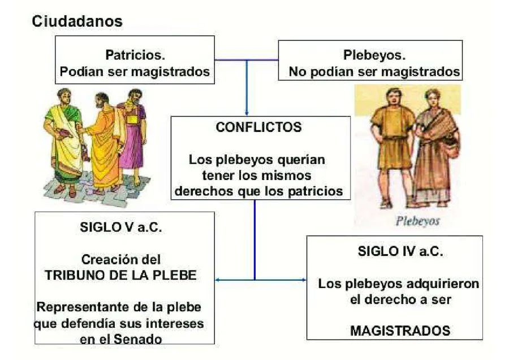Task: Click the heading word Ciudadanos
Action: pos(77,22)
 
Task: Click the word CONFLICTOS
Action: pos(259,127)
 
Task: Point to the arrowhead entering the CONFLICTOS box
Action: pos(247,113)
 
